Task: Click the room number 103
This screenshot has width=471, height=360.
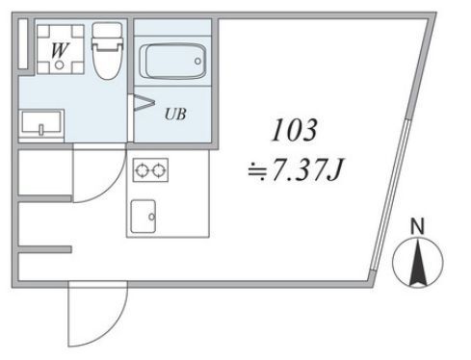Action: click(x=295, y=130)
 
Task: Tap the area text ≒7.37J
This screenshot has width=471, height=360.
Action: click(x=296, y=169)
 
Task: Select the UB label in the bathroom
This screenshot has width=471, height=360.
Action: click(x=175, y=115)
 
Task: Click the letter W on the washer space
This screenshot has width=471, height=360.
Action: click(x=61, y=50)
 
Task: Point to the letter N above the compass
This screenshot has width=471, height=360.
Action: click(x=418, y=226)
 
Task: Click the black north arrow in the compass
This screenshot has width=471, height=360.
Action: click(x=418, y=263)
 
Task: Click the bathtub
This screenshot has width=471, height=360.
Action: click(x=172, y=61)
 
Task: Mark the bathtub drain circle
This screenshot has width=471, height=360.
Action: click(x=197, y=61)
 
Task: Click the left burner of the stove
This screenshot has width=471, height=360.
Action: click(x=142, y=170)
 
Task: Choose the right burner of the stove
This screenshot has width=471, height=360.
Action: click(x=159, y=170)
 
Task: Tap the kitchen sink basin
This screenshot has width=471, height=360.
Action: click(x=144, y=217)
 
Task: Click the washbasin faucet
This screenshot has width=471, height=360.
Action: click(x=41, y=129)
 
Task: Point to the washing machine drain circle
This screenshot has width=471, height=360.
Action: click(x=59, y=65)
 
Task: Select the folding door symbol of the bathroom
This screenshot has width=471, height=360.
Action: click(x=144, y=103)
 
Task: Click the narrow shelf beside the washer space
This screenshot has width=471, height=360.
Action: click(x=23, y=44)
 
